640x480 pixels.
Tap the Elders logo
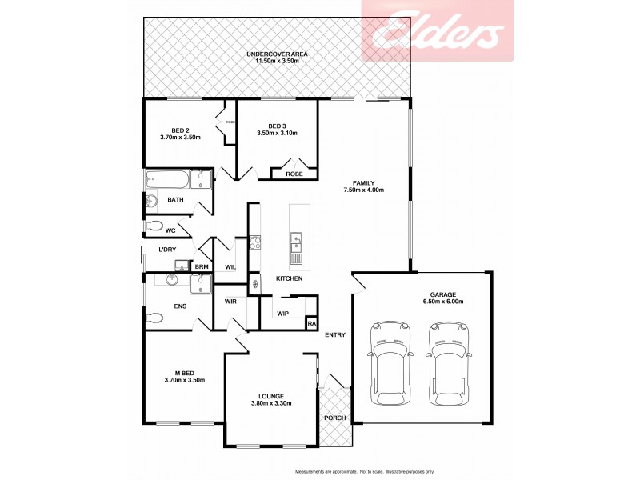(436, 32)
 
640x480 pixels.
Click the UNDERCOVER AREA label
(276, 54)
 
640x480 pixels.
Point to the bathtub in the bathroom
(166, 179)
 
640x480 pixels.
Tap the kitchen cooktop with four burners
(256, 241)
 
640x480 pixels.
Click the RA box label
(310, 323)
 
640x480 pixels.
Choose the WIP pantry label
(282, 313)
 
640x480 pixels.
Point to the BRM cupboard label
(202, 266)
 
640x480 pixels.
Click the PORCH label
(334, 418)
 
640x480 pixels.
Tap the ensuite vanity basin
(170, 280)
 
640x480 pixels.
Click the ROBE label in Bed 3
(294, 172)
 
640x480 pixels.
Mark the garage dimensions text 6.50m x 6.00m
(443, 302)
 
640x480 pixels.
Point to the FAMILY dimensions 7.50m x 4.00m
(364, 190)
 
